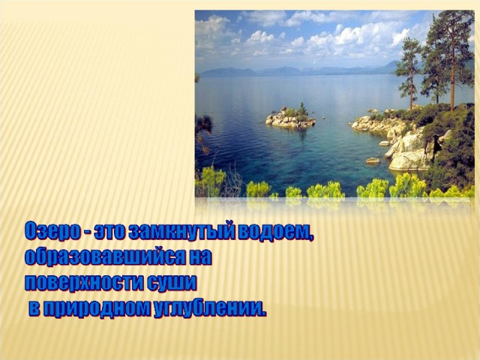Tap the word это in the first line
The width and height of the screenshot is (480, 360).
click(x=110, y=232)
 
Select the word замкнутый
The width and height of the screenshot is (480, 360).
click(x=181, y=232)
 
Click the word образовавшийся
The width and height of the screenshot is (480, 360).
click(x=105, y=257)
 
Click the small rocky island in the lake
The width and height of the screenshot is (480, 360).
click(x=290, y=117)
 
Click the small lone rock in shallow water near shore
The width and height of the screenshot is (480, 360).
click(x=373, y=160)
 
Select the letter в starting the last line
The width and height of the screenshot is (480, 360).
click(x=35, y=310)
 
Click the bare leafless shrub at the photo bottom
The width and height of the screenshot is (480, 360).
click(x=232, y=183)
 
